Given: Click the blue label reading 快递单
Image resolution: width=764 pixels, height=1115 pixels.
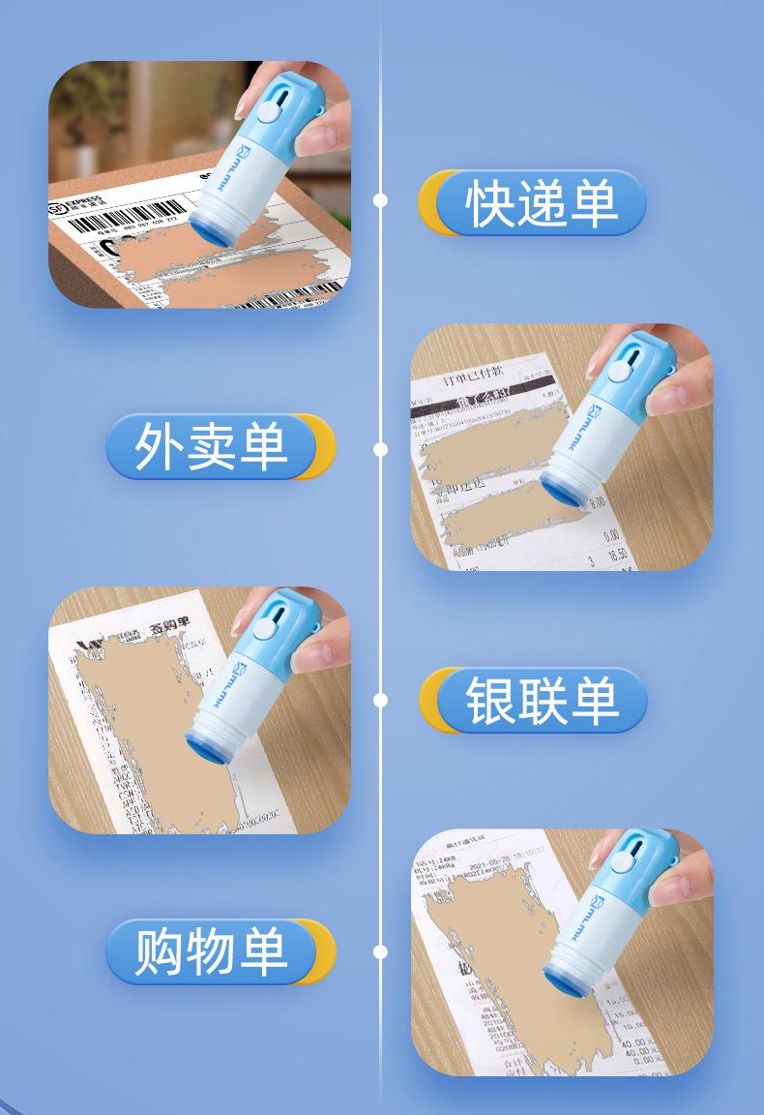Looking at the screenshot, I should point(541,203).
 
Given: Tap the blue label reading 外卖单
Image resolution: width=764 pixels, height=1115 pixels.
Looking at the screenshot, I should point(211,447).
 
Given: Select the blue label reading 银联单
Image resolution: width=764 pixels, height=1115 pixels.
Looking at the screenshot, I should point(541,700).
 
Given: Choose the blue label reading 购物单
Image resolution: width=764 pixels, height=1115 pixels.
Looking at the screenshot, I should point(211,950).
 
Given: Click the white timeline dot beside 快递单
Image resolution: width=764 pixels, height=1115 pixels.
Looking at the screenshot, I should point(380,200).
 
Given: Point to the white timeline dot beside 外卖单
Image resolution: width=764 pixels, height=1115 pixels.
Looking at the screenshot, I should point(380,449).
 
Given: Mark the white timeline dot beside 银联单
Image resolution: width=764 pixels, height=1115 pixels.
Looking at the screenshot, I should point(380,699).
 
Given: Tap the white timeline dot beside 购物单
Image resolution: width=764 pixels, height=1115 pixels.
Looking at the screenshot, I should point(380,951).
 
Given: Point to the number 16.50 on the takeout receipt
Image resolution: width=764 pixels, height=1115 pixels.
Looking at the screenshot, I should point(617,554).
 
